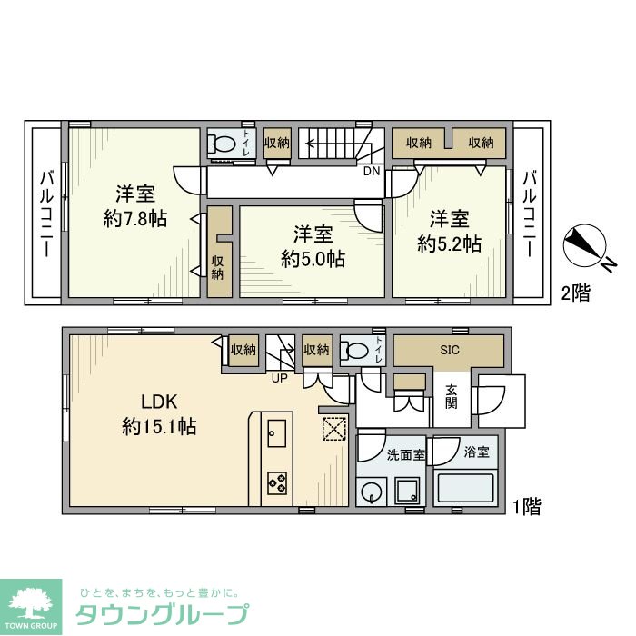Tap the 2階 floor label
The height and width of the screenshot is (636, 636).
[574, 293]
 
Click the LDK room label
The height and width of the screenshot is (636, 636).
[160, 401]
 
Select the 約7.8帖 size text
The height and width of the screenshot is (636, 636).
[135, 218]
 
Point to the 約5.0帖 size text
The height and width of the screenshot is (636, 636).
[313, 258]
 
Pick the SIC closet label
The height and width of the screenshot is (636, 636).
[449, 350]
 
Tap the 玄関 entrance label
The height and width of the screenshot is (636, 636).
[452, 397]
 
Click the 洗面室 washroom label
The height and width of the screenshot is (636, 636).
[406, 454]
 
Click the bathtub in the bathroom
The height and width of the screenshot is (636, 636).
[465, 489]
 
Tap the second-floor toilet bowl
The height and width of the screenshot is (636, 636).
[223, 144]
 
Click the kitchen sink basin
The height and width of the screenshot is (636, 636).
[277, 430]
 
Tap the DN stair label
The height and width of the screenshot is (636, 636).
[371, 171]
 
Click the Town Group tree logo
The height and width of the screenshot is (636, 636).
[31, 605]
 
